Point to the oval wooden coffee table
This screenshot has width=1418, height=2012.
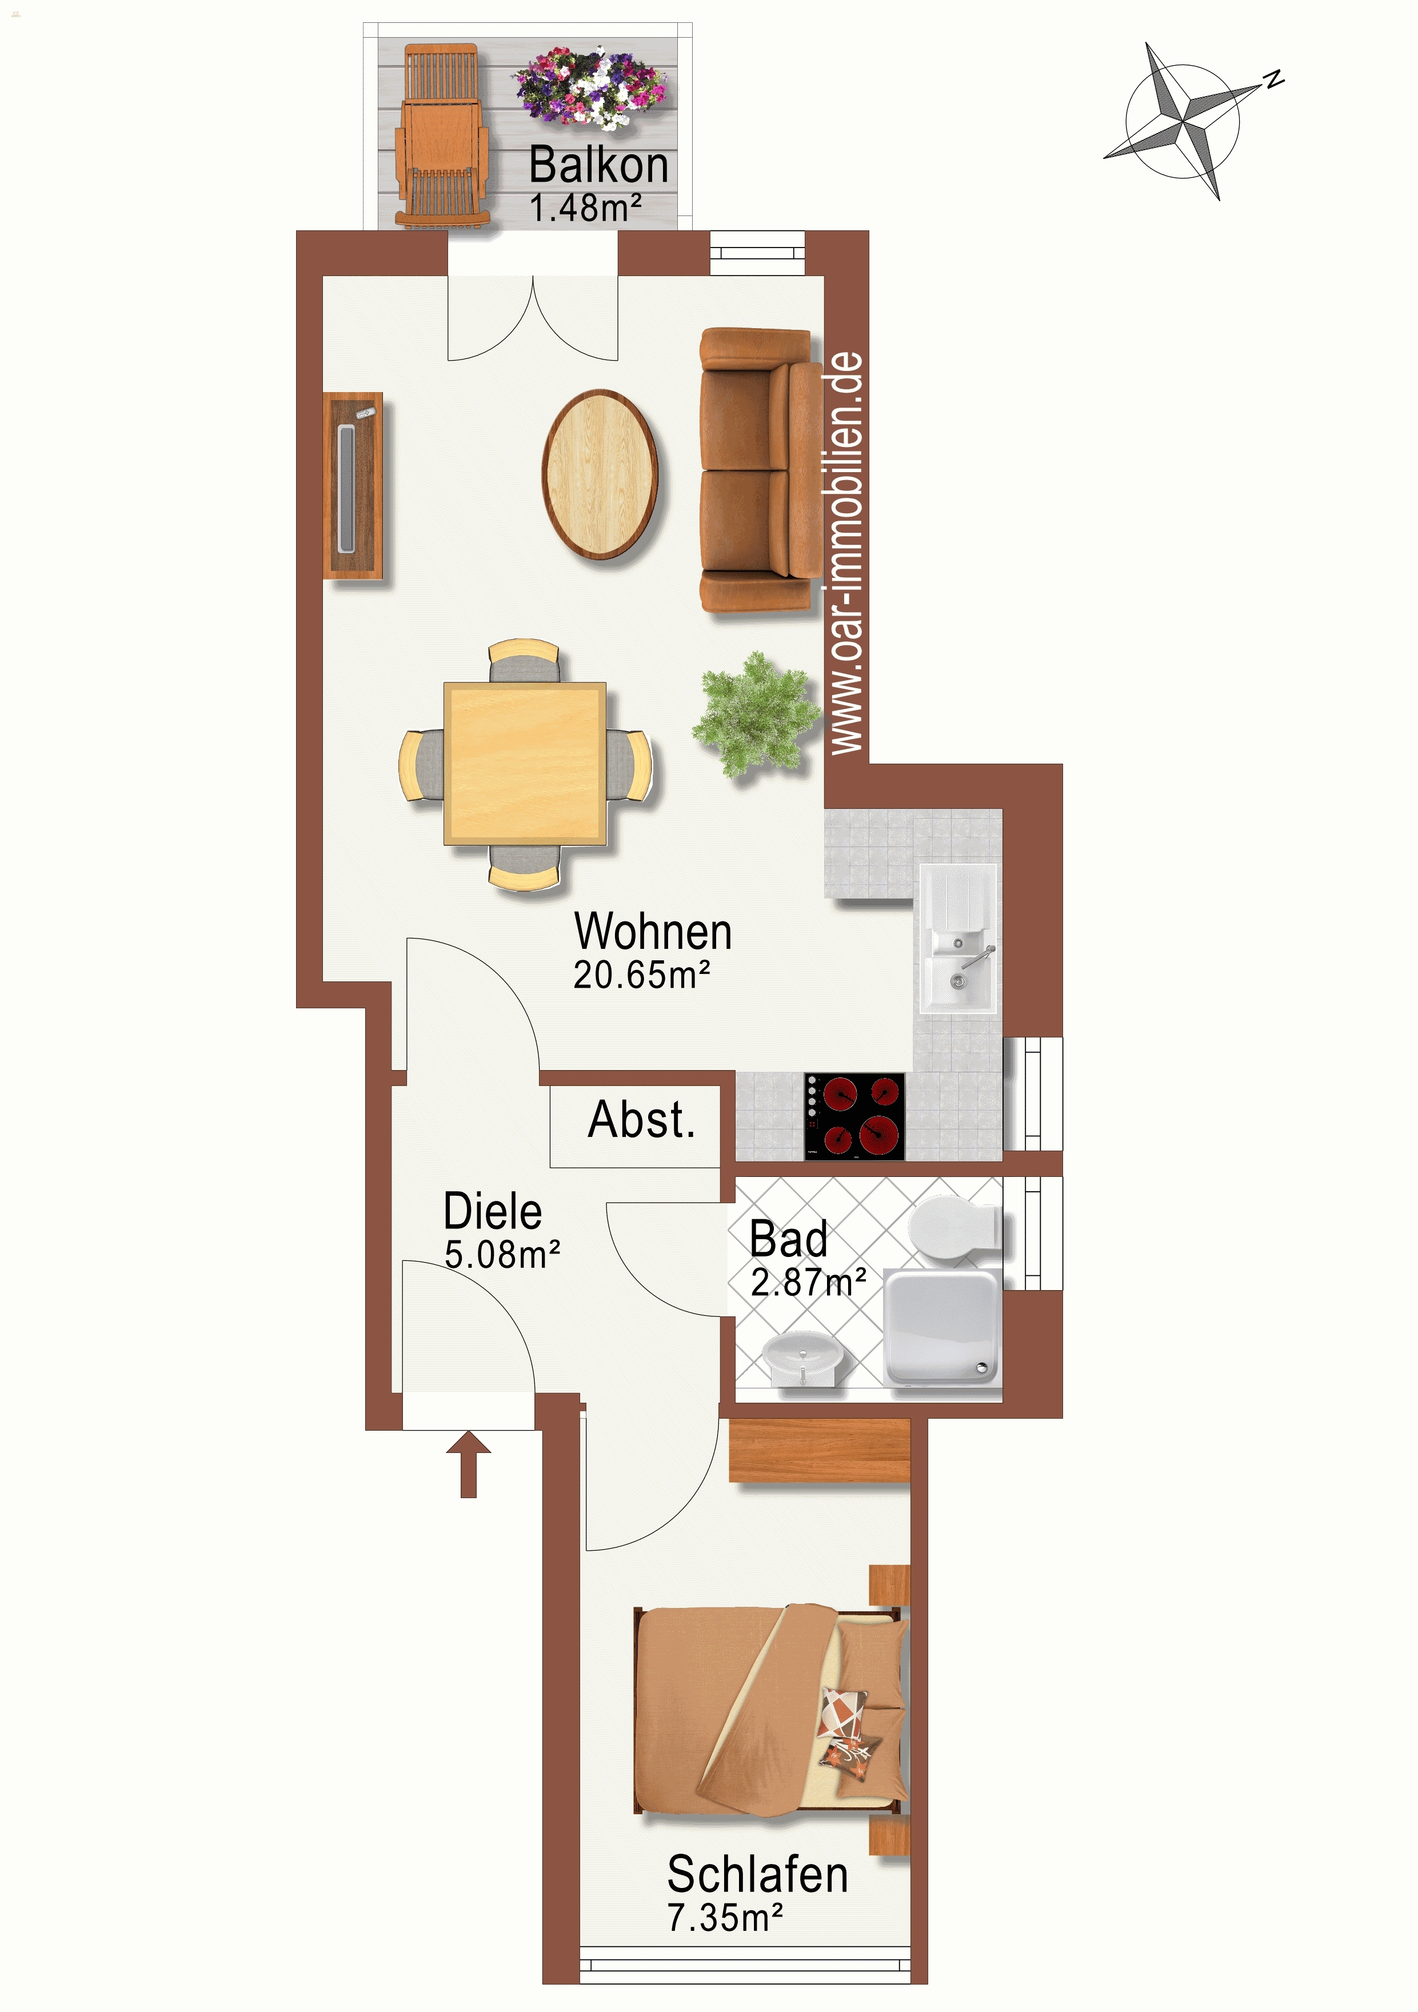[600, 474]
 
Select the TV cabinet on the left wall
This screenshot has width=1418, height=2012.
[353, 485]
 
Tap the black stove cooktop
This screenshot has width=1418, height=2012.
[854, 1116]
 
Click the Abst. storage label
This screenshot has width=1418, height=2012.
[641, 1120]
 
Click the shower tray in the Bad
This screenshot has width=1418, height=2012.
[942, 1328]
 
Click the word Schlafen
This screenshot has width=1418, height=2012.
[757, 1874]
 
